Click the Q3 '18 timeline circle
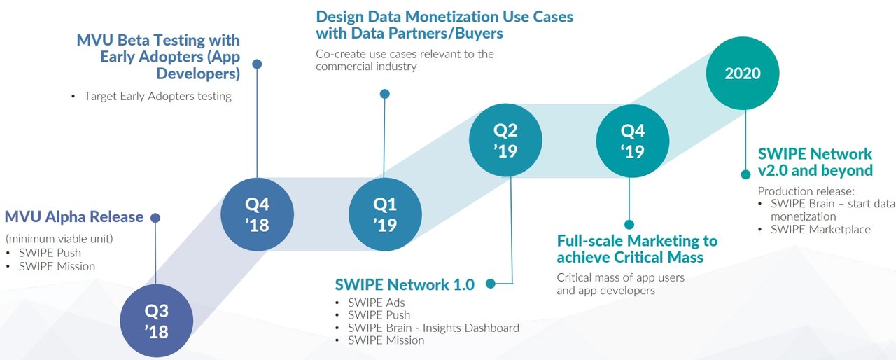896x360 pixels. [x=156, y=321]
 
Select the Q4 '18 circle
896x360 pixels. [x=257, y=214]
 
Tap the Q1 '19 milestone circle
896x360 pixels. [x=385, y=214]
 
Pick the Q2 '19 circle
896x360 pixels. [x=505, y=140]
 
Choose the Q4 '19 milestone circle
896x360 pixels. [x=633, y=141]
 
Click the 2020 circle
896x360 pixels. [x=743, y=74]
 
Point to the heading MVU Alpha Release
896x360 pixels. [x=74, y=217]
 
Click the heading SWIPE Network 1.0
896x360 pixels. [x=405, y=284]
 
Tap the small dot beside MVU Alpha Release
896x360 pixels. [x=155, y=218]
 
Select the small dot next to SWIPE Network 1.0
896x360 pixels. [x=491, y=284]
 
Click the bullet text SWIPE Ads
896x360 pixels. [x=377, y=303]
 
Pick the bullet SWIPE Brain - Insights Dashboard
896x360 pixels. [x=433, y=328]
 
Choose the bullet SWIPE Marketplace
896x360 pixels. [x=821, y=229]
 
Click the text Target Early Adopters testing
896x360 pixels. [x=157, y=97]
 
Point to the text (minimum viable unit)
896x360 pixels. [x=59, y=239]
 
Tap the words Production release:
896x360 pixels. [x=806, y=191]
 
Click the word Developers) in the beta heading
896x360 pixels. [x=198, y=74]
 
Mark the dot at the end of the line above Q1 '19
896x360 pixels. [x=385, y=94]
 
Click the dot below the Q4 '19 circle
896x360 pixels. [x=629, y=224]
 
